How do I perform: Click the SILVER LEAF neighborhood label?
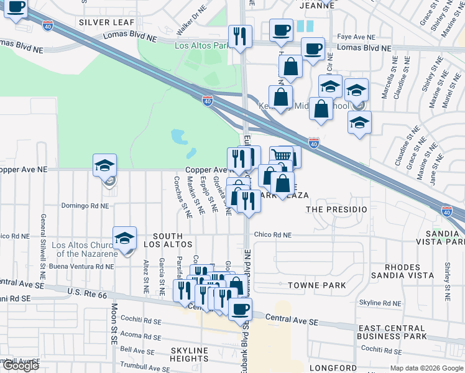tap(107, 22)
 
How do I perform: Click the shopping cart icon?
tap(282, 156)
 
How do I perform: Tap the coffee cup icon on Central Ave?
tap(240, 308)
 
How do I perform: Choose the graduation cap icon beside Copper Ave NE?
tap(105, 165)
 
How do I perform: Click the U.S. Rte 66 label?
tap(92, 292)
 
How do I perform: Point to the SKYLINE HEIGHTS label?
tap(189, 354)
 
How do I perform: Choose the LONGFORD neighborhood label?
tap(333, 368)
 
